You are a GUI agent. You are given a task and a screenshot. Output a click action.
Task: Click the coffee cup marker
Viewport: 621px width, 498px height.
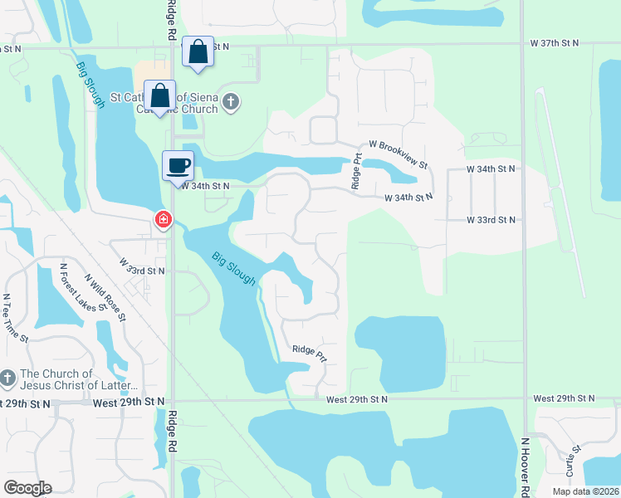[178, 165]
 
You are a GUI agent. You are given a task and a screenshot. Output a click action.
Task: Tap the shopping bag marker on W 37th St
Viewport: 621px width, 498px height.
[198, 51]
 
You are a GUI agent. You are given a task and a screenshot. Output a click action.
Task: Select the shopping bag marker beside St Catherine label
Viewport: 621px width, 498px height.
[159, 95]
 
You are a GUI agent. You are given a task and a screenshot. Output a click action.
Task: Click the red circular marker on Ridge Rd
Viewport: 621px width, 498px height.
[164, 220]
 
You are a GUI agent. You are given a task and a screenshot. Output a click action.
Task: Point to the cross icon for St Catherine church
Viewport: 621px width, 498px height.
[231, 103]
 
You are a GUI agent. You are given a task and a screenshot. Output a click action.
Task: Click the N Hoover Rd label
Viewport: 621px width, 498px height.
[526, 467]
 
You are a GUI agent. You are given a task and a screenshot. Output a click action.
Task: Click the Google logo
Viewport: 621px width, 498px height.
[28, 488]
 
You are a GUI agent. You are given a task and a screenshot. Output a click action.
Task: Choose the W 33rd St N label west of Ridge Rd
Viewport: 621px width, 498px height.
[142, 266]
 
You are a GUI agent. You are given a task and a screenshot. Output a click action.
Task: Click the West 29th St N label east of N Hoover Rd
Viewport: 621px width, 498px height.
[567, 398]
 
